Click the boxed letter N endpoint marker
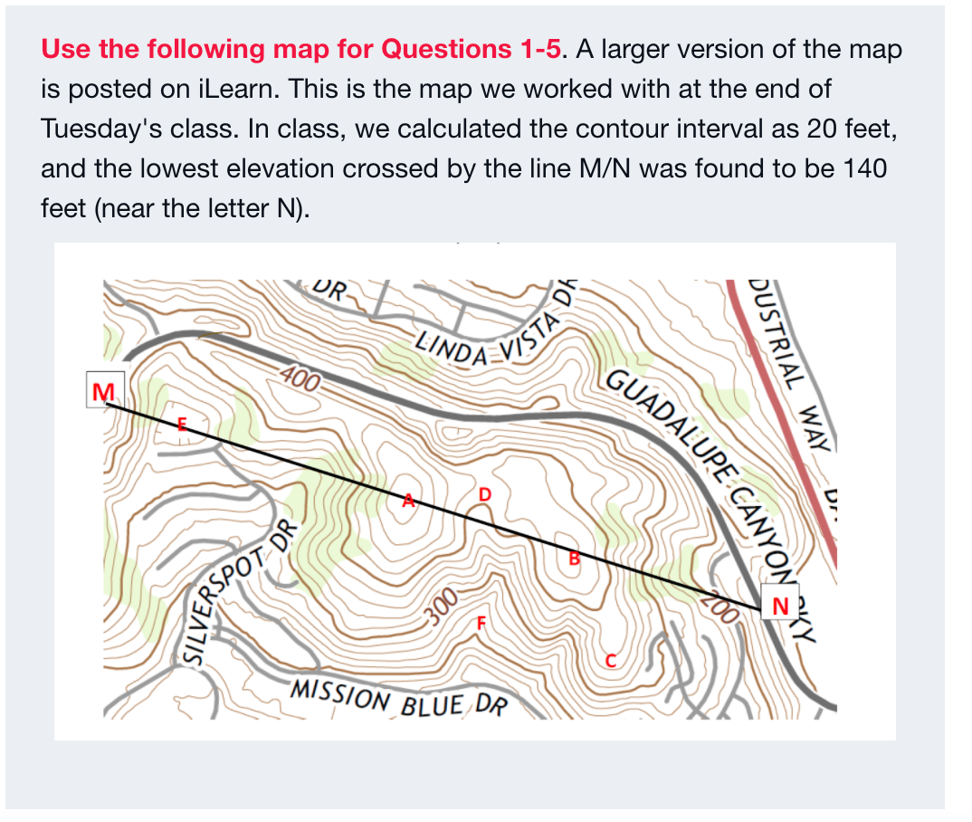click(x=779, y=605)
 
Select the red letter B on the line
click(x=572, y=558)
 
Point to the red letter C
click(x=611, y=659)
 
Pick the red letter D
click(x=485, y=494)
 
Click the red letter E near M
click(x=181, y=423)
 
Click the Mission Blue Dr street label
click(x=399, y=697)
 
